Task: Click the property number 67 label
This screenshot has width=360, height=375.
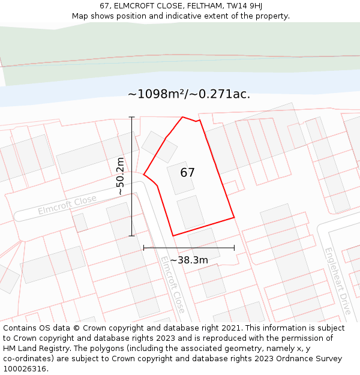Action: [x=187, y=173]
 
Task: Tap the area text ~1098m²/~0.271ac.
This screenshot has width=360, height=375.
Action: [x=189, y=94]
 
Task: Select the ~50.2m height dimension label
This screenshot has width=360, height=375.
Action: [x=121, y=176]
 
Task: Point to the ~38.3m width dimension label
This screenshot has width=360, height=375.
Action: [x=189, y=260]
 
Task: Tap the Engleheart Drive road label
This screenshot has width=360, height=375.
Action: [x=338, y=281]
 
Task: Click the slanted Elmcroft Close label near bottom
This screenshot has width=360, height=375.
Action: [x=172, y=284]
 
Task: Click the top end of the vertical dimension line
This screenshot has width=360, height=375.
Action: [x=131, y=116]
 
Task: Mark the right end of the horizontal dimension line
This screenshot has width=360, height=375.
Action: [x=234, y=248]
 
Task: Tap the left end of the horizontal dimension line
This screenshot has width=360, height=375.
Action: [x=143, y=248]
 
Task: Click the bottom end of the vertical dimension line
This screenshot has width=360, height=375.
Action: [x=131, y=236]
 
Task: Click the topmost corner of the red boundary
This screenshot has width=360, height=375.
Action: [x=182, y=117]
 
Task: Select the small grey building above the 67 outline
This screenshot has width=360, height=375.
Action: [x=159, y=147]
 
